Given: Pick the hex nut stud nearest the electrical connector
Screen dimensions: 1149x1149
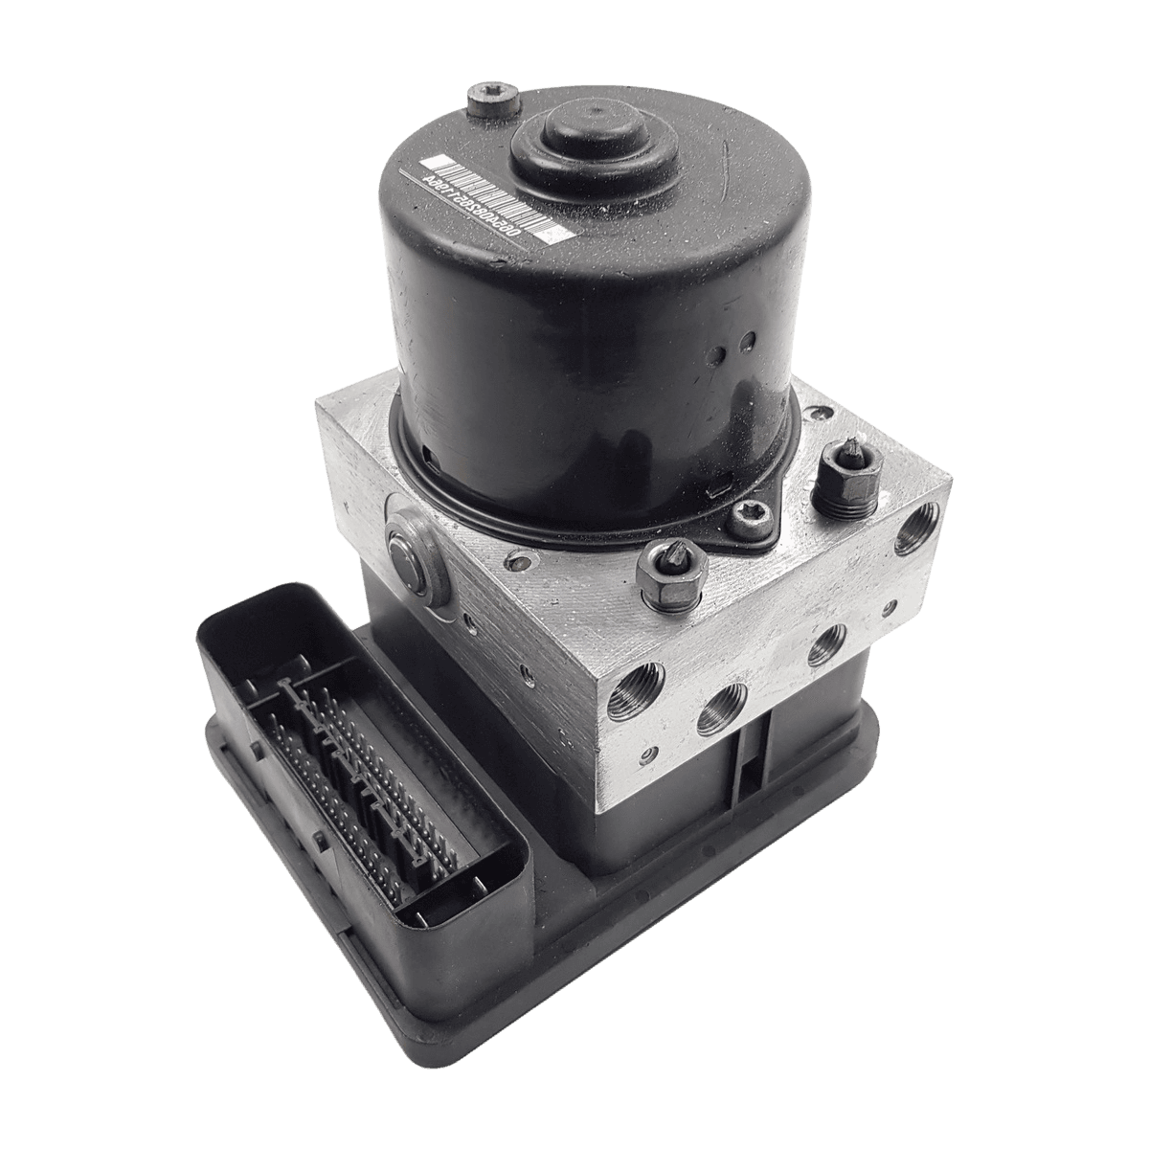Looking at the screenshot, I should [x=670, y=577].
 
